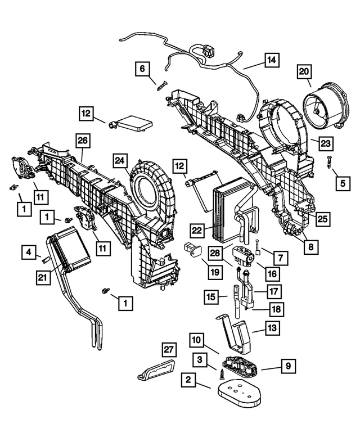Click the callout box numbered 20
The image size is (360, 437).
click(304, 72)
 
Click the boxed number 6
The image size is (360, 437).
click(142, 69)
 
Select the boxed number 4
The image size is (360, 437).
click(30, 253)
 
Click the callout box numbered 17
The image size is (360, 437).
click(273, 292)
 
